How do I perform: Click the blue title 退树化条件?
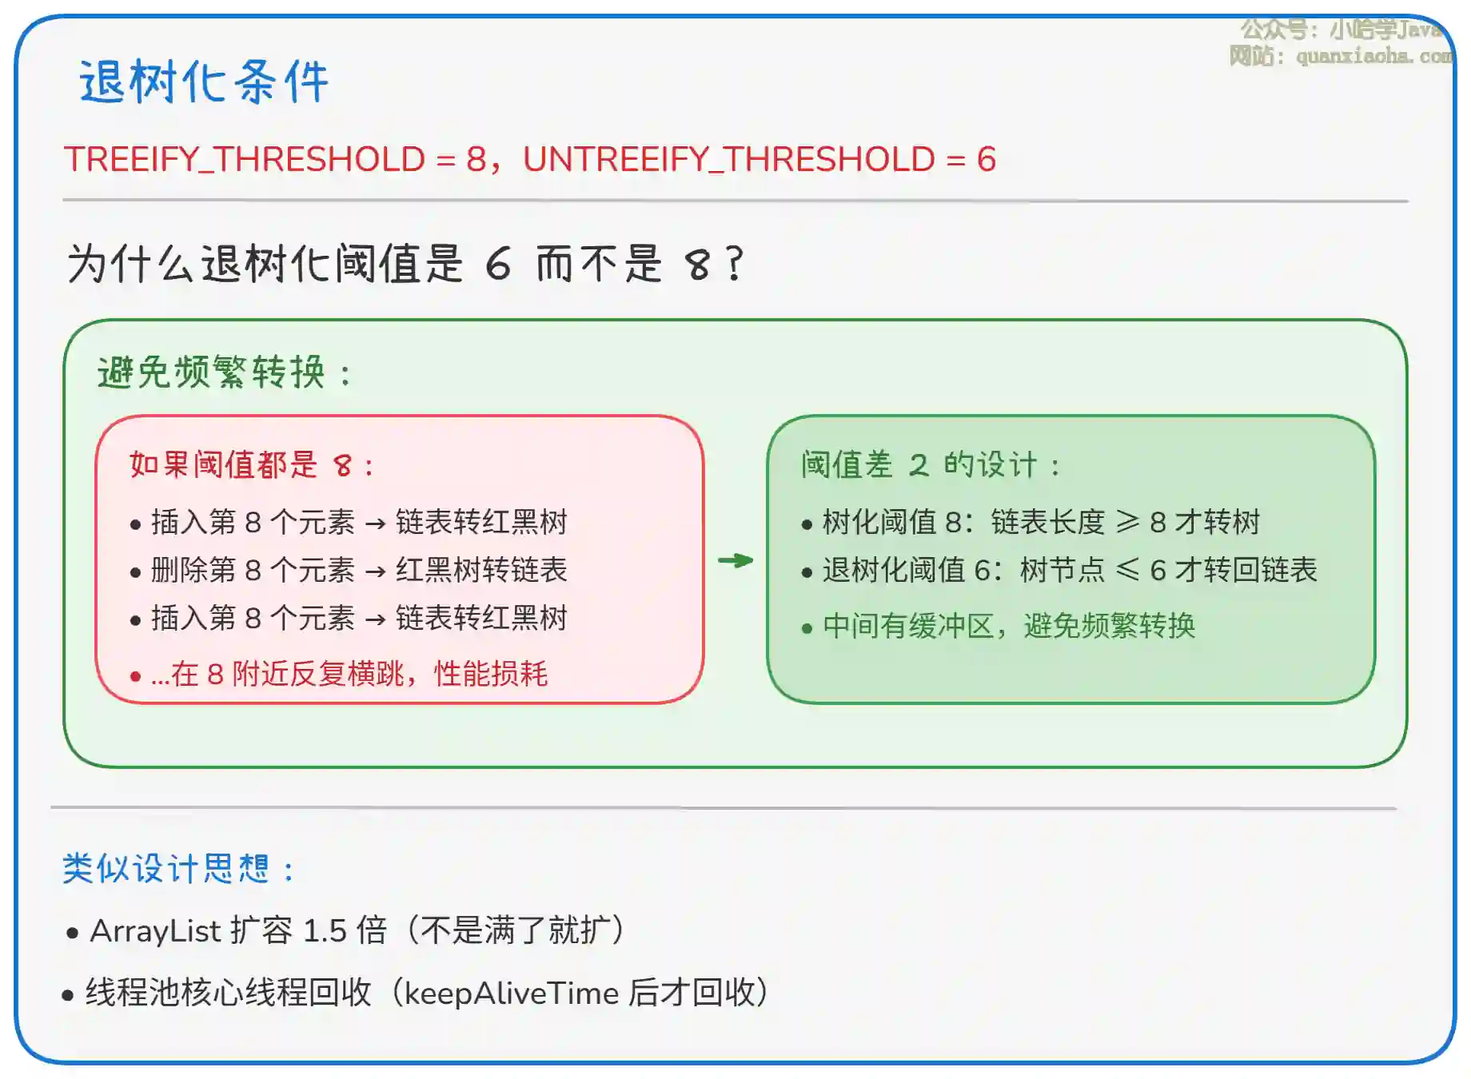[204, 82]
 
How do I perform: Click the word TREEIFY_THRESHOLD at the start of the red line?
[245, 159]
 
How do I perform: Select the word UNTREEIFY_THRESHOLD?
[729, 159]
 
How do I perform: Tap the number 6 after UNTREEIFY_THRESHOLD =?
[987, 159]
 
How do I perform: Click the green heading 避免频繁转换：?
[225, 372]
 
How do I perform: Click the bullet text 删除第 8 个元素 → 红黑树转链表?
[359, 570]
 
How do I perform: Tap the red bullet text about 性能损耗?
[349, 674]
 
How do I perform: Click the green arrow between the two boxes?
[735, 560]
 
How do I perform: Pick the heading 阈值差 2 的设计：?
[931, 464]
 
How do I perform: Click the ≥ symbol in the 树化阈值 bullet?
[1128, 522]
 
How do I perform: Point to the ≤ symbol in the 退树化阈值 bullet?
[1128, 570]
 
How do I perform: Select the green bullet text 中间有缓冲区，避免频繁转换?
[1009, 626]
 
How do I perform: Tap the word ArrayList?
[155, 930]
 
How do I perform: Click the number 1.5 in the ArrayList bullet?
[325, 930]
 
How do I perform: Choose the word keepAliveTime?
[512, 993]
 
